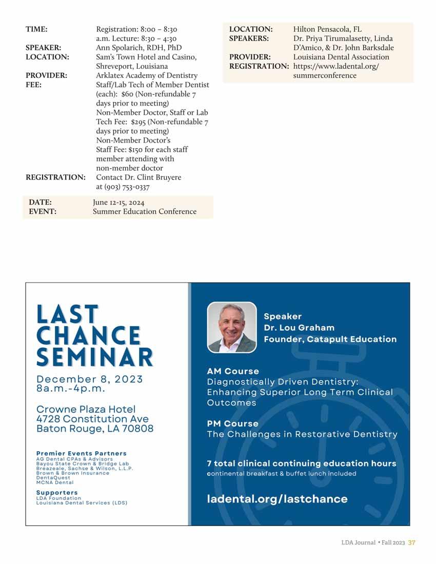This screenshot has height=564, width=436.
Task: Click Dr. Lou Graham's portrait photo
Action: pos(232,327)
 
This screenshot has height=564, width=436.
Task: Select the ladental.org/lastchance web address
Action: pos(277,499)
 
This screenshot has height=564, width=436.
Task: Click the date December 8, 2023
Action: pos(90,379)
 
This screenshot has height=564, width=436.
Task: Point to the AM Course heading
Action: pos(233,371)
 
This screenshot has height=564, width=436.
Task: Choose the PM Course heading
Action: pos(232,424)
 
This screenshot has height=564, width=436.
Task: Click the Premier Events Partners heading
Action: pos(81,453)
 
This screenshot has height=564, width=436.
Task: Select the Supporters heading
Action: pos(57,493)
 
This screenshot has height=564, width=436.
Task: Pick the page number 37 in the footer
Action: pos(411,543)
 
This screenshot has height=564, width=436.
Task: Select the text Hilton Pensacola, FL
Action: pos(327,29)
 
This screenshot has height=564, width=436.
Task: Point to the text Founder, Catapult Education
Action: pos(330,339)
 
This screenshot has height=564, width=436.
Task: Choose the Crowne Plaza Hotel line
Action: pos(86,409)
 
